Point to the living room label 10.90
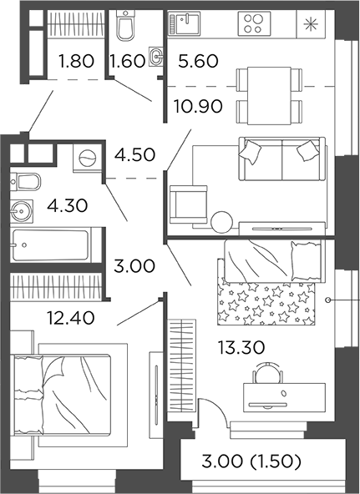tap(198, 106)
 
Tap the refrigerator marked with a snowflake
tap(312, 23)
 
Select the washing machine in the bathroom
tap(86, 156)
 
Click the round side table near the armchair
tap(221, 222)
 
